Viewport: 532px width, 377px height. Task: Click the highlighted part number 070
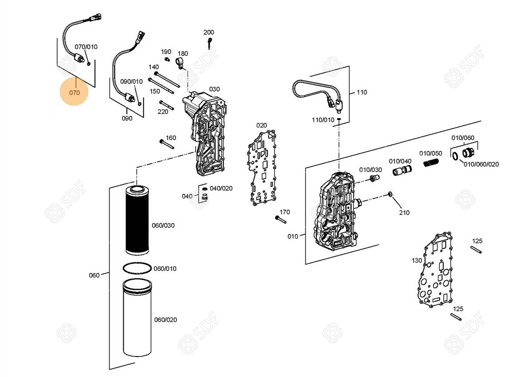pos(74,93)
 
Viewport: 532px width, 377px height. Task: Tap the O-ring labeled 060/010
pos(137,269)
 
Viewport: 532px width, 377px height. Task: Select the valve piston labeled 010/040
pos(401,171)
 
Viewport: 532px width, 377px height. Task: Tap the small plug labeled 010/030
pos(375,179)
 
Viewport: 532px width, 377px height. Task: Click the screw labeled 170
pos(281,219)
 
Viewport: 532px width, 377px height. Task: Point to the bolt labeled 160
pos(167,144)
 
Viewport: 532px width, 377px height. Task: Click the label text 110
pos(362,92)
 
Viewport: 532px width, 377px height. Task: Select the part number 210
pos(404,213)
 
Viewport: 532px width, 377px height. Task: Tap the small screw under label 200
pos(209,43)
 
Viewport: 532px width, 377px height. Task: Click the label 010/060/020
pos(481,164)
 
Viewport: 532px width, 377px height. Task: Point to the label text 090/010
pos(131,82)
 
